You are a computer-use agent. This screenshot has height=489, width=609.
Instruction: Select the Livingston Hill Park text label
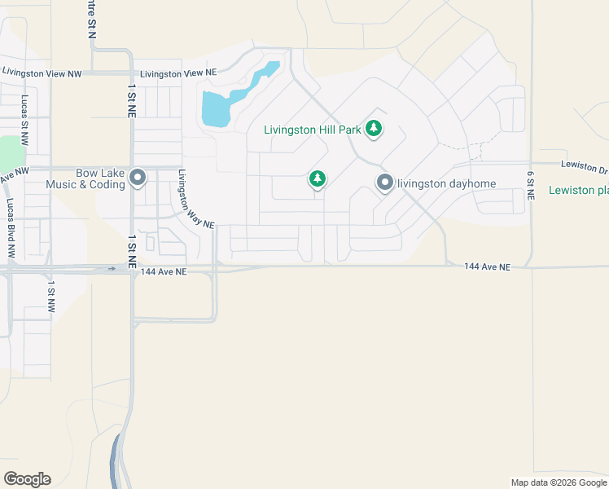pyautogui.click(x=313, y=129)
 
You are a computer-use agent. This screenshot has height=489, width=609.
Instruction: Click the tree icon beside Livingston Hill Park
pyautogui.click(x=374, y=128)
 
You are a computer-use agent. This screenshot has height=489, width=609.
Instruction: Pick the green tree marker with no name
pyautogui.click(x=318, y=178)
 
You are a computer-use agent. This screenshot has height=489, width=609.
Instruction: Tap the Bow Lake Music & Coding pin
pyautogui.click(x=138, y=177)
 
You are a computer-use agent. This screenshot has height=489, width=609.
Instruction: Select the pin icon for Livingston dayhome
pyautogui.click(x=384, y=183)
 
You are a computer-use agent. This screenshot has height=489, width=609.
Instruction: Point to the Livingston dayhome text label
pyautogui.click(x=446, y=183)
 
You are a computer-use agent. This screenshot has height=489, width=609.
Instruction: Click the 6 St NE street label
pyautogui.click(x=530, y=185)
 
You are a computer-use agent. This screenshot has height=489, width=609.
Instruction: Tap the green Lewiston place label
pyautogui.click(x=579, y=190)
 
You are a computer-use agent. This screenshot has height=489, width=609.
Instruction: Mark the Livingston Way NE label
pyautogui.click(x=195, y=199)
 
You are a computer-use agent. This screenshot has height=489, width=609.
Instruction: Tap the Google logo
pyautogui.click(x=27, y=478)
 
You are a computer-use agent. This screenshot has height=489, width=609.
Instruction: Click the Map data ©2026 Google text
pyautogui.click(x=559, y=482)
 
